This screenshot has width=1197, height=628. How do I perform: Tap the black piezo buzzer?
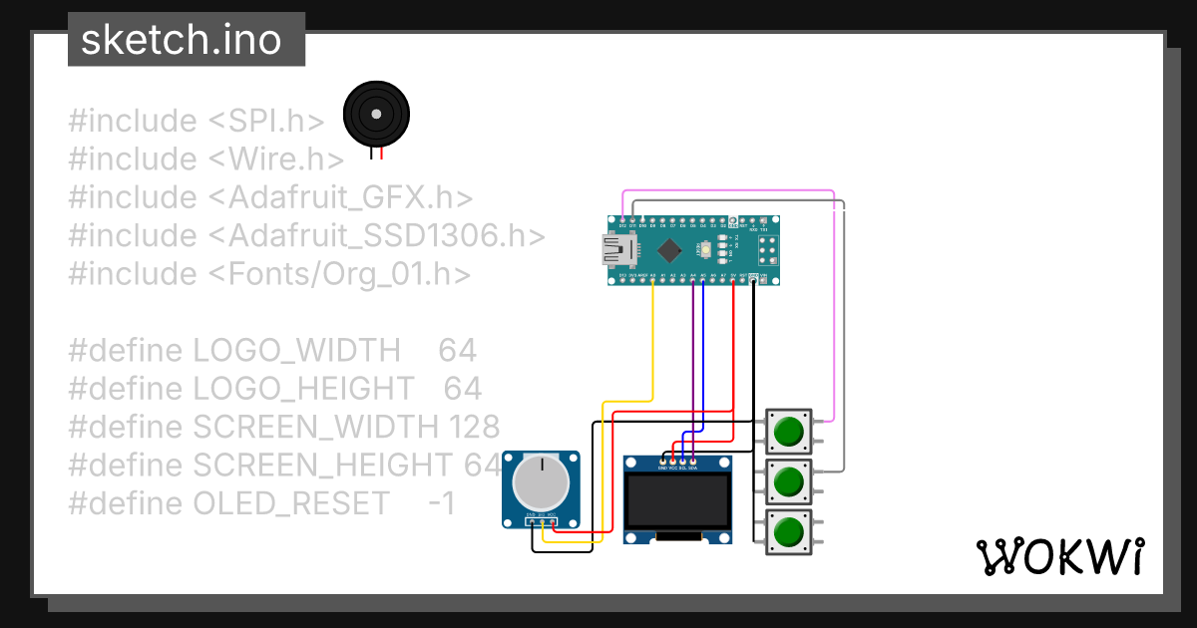376,116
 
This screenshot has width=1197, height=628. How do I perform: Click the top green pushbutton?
788,432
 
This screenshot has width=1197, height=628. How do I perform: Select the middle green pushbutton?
788,481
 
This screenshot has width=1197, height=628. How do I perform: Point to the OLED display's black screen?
677,501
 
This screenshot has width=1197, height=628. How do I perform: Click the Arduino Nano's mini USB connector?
610,249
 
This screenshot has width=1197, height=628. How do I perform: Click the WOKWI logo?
1059,556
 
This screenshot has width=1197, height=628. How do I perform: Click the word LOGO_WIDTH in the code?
296,351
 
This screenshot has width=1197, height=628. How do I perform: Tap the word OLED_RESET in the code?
291,503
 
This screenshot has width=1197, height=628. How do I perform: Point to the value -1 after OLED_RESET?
442,503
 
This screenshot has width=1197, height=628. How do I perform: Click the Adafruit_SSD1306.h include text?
386,236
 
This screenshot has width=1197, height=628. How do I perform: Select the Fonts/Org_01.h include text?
349,274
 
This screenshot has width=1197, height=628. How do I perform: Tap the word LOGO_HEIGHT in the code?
303,389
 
